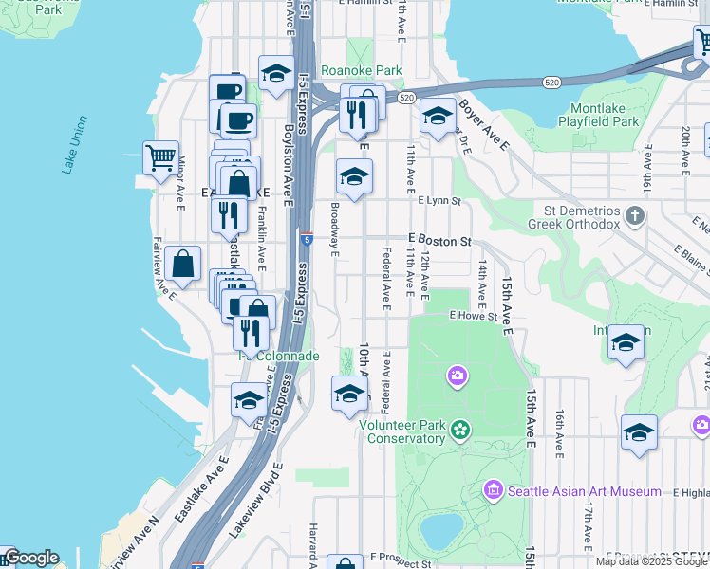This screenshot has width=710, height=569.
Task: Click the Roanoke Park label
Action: (361, 70)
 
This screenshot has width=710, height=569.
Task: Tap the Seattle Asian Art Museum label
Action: (584, 491)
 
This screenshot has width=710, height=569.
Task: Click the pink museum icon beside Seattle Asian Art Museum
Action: (493, 490)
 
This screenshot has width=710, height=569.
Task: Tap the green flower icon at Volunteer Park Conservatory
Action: (460, 431)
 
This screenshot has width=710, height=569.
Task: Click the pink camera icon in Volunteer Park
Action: (458, 376)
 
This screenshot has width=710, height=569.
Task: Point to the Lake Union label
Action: (74, 144)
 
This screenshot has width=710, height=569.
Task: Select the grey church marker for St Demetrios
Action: (636, 216)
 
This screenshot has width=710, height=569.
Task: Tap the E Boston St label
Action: (440, 242)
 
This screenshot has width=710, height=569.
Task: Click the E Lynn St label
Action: (439, 201)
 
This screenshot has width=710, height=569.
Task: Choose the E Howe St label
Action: (474, 315)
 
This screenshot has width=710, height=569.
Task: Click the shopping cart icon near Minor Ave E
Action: (160, 157)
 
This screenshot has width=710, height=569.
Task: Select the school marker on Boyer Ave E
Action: (437, 117)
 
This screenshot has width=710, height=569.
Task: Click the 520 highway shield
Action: (406, 98)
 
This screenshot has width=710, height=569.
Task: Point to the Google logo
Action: (30, 558)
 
